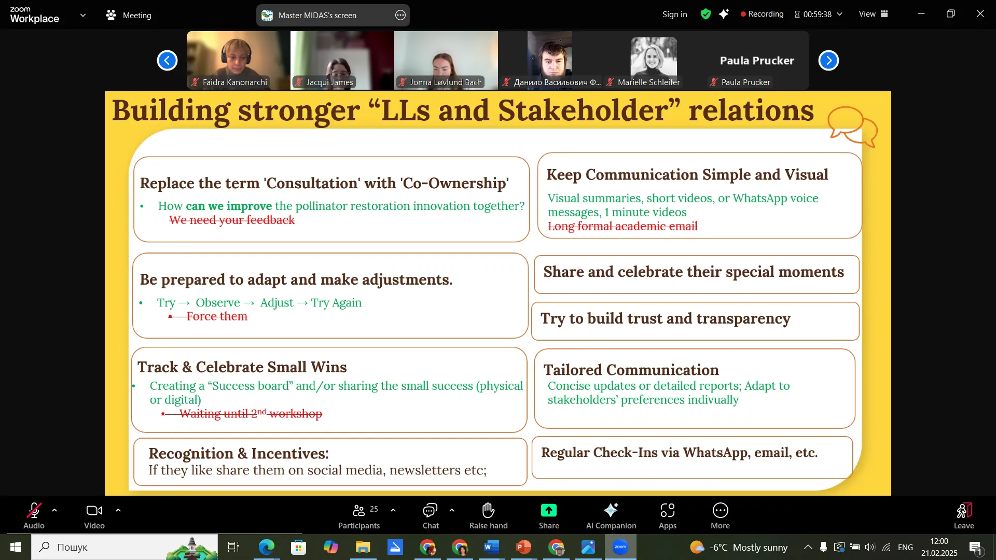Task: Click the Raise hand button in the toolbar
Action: point(488,516)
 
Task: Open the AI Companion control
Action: point(611,516)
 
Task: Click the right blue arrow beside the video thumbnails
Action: point(828,61)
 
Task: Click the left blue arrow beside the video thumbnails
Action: point(167,61)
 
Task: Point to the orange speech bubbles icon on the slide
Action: point(852,127)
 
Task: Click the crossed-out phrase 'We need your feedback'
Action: point(232,220)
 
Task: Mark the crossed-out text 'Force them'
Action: point(217,316)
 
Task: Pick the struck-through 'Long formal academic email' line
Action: point(622,227)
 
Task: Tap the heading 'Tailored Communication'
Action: point(631,370)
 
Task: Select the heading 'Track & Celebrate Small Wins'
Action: point(242,367)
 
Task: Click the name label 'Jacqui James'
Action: point(329,82)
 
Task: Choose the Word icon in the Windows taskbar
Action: point(491,547)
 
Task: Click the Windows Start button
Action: point(16,547)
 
